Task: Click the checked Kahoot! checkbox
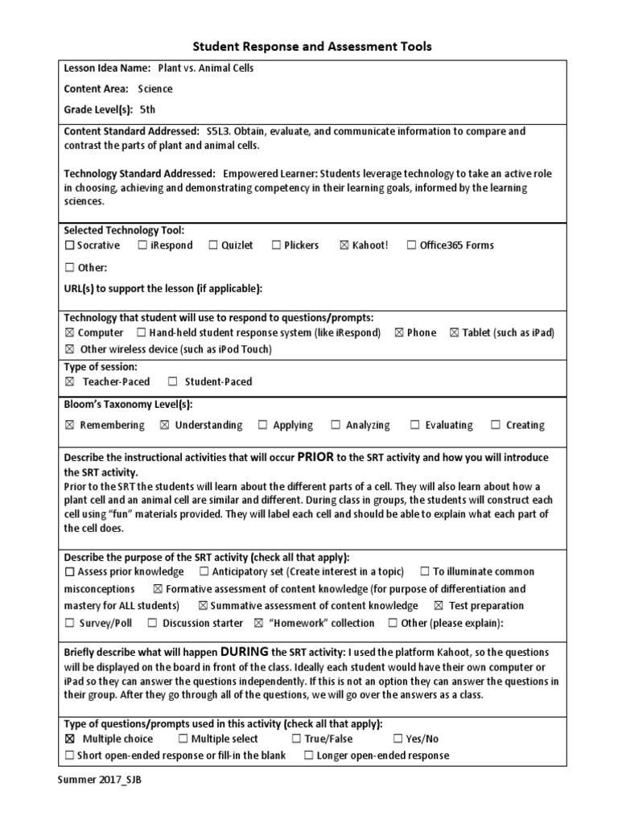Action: point(344,245)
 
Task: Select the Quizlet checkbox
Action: point(213,245)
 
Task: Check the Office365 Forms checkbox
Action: point(411,245)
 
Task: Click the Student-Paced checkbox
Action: point(172,382)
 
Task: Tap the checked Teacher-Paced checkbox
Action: point(69,382)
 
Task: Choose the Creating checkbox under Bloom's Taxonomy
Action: point(496,426)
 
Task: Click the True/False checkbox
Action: point(296,739)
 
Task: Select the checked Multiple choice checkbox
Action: point(69,739)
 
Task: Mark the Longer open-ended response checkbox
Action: point(308,756)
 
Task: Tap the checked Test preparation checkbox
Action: point(438,606)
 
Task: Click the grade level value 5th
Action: point(147,110)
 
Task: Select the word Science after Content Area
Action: point(154,89)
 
